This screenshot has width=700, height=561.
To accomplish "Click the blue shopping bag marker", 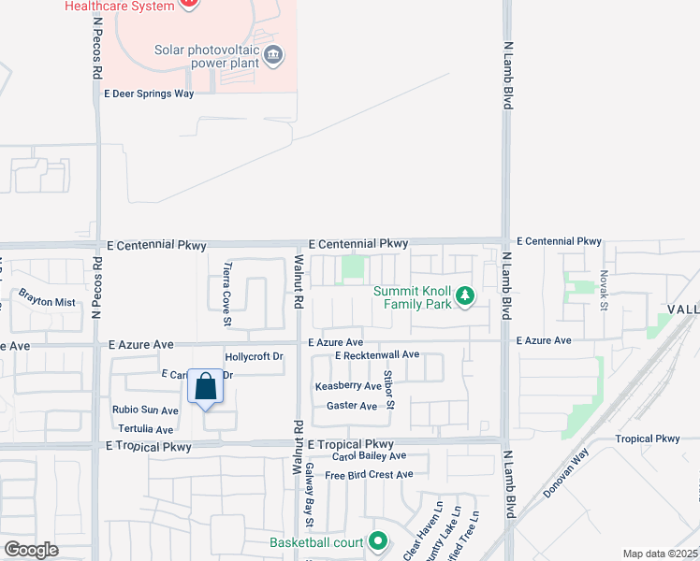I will [x=206, y=387].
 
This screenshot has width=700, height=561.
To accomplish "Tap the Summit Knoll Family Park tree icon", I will [x=465, y=297].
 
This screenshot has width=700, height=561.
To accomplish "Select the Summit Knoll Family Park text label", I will [x=413, y=297].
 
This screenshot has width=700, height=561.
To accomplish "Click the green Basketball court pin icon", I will [x=377, y=541].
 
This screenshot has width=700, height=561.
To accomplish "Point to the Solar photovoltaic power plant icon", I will [x=273, y=53].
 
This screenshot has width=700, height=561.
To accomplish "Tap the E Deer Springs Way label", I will [x=149, y=93].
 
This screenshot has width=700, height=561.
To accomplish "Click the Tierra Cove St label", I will [x=227, y=294].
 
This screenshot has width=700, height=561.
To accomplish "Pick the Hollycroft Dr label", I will [x=254, y=357].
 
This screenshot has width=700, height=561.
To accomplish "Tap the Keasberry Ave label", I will [x=348, y=386].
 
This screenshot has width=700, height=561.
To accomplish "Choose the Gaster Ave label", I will [x=352, y=406].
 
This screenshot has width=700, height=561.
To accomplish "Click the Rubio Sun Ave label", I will [x=145, y=410].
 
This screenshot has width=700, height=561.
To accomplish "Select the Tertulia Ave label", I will [x=143, y=429].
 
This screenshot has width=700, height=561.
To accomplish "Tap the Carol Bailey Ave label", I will [x=370, y=455].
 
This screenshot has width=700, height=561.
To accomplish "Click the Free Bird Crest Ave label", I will [x=369, y=475].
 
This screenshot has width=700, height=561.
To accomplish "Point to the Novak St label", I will [x=605, y=291].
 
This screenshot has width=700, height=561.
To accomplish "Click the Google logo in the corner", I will [x=31, y=550].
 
